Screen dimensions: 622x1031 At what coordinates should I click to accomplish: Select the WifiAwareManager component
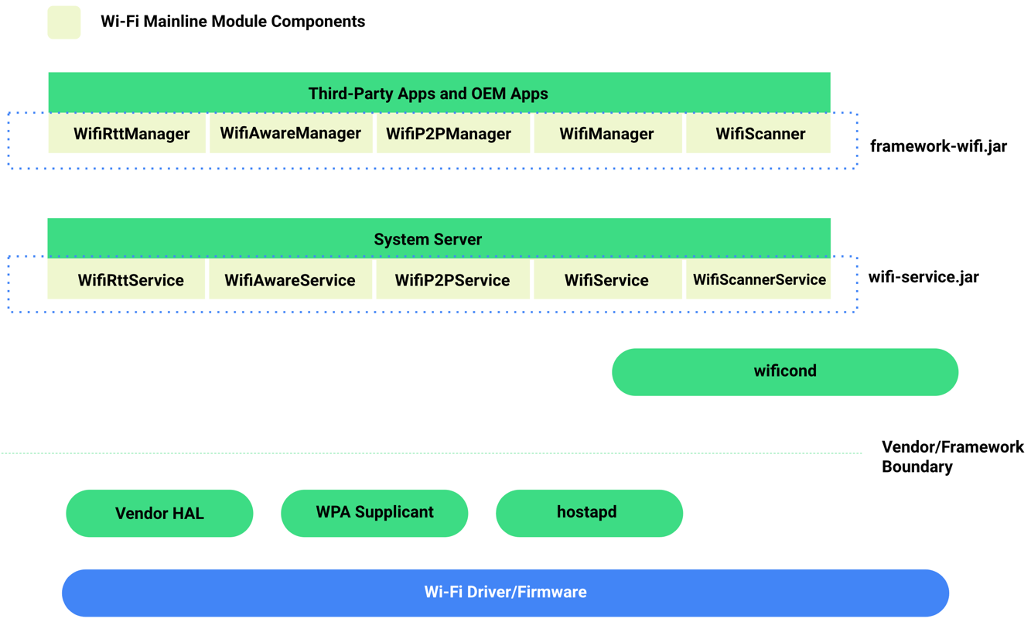[291, 134]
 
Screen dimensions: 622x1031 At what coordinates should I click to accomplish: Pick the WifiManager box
[607, 134]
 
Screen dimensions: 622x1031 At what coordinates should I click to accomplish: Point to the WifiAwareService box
[291, 280]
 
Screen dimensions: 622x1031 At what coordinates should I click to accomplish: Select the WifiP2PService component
[452, 280]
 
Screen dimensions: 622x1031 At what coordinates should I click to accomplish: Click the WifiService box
[607, 280]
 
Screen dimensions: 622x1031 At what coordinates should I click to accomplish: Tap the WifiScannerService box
[758, 280]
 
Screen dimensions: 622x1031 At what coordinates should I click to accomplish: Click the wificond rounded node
[785, 372]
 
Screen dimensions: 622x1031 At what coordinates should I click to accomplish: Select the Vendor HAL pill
[159, 514]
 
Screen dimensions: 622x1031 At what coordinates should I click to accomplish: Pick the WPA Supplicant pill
[374, 513]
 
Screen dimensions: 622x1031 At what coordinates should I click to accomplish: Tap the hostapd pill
[589, 513]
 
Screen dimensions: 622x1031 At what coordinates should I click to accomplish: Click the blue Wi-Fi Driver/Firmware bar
[505, 593]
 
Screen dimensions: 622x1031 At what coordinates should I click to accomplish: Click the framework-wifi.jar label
[938, 146]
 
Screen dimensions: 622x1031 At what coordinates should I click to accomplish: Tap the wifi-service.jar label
[923, 278]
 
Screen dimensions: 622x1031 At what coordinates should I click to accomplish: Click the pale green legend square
[64, 22]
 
